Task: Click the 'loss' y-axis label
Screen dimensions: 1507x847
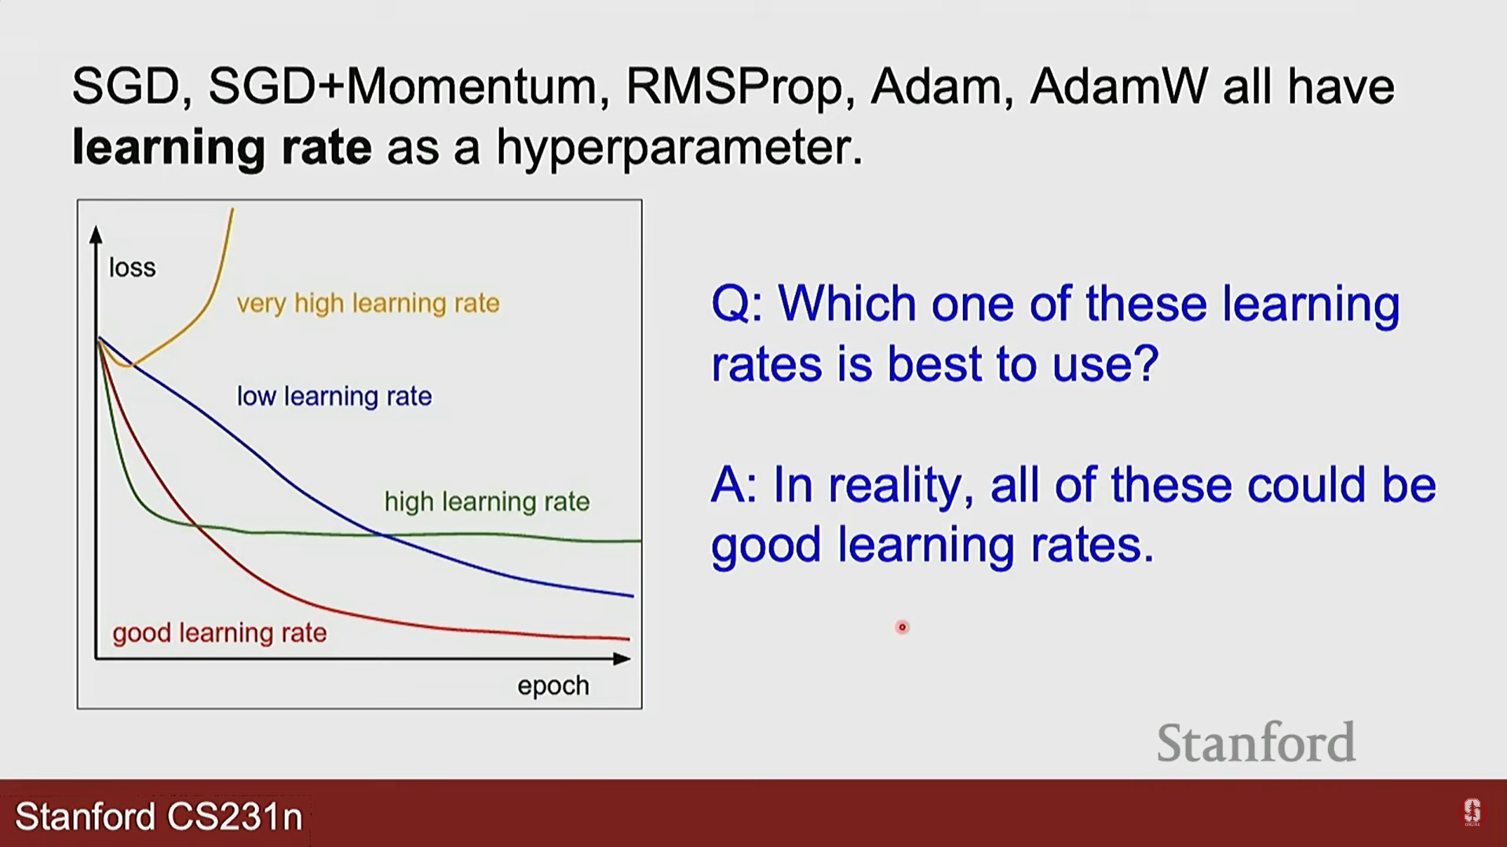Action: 132,267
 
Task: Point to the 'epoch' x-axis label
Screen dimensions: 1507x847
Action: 553,686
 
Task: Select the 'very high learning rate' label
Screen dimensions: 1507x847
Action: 368,304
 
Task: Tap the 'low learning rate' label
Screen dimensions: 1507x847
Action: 334,396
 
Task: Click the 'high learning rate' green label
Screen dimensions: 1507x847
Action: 487,501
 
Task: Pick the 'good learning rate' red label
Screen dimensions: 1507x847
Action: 220,633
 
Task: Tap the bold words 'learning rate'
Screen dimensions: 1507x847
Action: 221,147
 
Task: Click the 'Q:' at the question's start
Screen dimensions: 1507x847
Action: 736,304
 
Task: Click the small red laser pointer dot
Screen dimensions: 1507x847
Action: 902,627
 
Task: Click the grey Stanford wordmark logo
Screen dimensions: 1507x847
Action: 1256,742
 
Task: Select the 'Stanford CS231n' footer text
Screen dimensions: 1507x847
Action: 159,816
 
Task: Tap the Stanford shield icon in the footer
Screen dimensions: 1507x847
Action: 1472,812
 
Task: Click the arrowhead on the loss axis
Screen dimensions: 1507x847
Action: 96,234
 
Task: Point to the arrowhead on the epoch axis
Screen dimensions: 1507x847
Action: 622,659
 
